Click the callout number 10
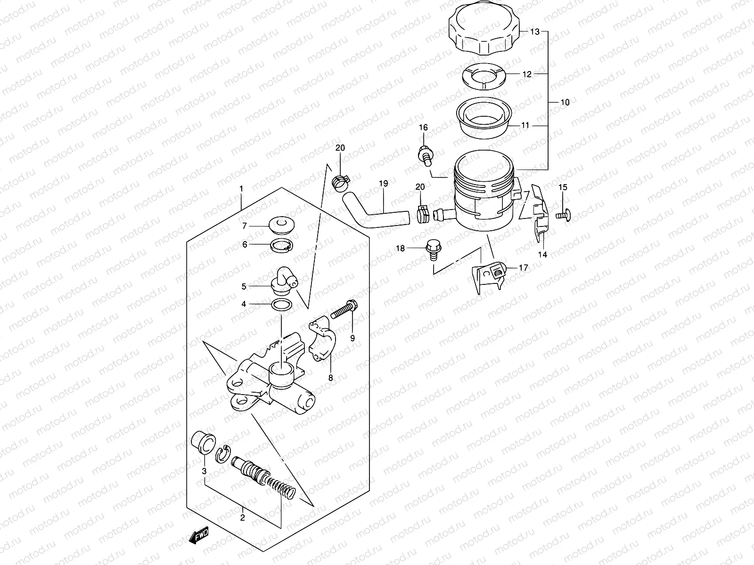coord(565,102)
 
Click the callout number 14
coord(542,254)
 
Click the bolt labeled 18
coord(431,249)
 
